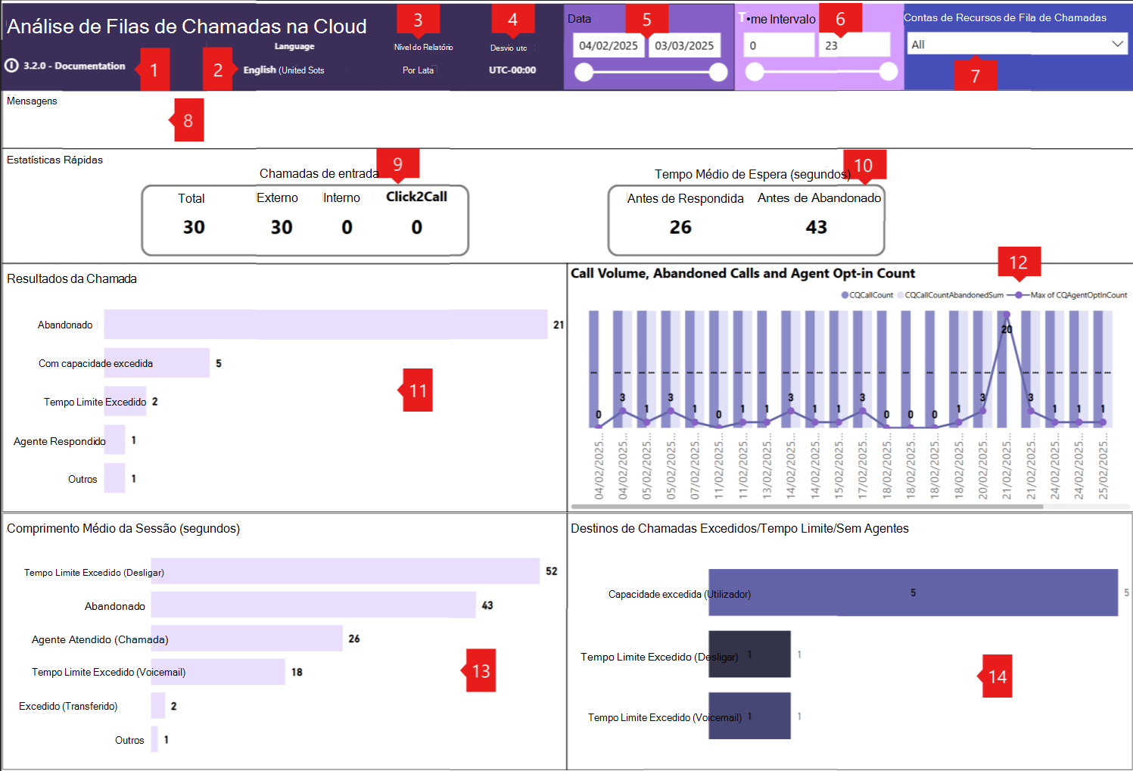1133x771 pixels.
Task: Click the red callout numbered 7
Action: [975, 75]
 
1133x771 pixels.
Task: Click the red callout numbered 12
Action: [1018, 263]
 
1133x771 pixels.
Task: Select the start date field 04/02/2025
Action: [609, 45]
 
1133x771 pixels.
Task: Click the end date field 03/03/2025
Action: [684, 45]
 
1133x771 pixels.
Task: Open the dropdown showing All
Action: [1016, 45]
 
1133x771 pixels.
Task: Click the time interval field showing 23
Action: [853, 45]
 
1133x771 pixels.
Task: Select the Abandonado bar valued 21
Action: [325, 324]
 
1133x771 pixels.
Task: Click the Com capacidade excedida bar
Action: [157, 363]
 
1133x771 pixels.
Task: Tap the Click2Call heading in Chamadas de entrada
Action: [416, 197]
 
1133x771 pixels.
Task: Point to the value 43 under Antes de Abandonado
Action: [816, 227]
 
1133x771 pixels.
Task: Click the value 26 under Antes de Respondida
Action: [680, 227]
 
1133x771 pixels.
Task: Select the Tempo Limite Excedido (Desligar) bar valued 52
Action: [345, 571]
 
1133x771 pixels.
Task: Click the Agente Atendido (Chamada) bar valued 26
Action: [247, 639]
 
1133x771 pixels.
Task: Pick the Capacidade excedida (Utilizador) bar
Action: [913, 592]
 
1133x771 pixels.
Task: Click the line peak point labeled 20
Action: [1007, 316]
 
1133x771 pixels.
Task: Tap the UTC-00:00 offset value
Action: [512, 70]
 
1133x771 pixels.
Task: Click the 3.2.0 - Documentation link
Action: [74, 66]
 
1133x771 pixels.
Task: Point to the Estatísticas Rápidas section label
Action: [54, 160]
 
